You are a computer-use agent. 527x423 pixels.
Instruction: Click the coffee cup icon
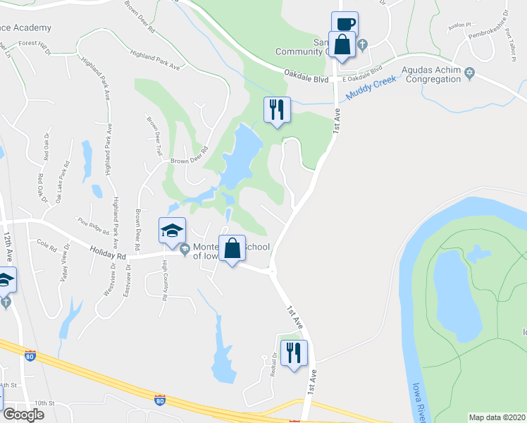click(x=345, y=24)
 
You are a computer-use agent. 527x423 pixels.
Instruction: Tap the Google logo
click(x=24, y=415)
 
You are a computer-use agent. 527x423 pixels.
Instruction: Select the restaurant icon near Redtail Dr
click(x=293, y=352)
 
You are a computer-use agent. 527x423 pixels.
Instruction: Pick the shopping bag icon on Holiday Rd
click(x=232, y=248)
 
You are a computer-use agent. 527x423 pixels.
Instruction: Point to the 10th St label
click(x=47, y=403)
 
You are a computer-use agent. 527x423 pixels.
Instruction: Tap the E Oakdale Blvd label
click(x=361, y=72)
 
